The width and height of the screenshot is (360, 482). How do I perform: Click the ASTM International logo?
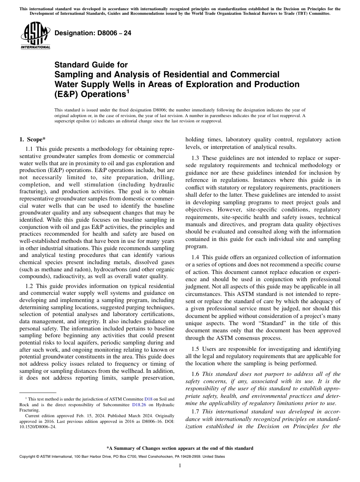[x=35, y=36]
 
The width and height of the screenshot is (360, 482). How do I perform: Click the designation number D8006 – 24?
[x=93, y=33]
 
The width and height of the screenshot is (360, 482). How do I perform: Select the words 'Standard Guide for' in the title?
[x=91, y=65]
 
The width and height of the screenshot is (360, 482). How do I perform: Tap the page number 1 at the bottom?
[x=180, y=466]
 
